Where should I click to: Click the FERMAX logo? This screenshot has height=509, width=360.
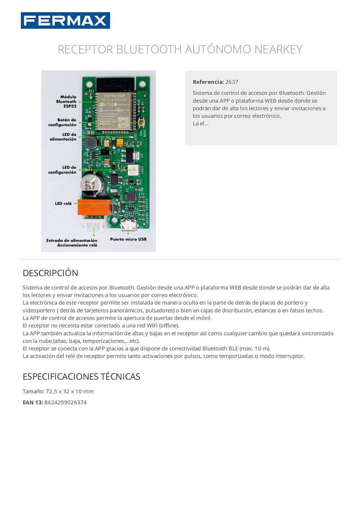[x=65, y=21]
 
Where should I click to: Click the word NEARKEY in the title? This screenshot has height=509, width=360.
[x=278, y=49]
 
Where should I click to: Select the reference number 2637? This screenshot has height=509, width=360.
[x=231, y=82]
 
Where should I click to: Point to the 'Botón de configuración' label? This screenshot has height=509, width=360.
[x=63, y=122]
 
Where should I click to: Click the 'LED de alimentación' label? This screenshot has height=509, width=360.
[x=63, y=137]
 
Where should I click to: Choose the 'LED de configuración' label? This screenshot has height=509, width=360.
[x=63, y=170]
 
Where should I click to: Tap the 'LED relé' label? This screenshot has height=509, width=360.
[x=63, y=204]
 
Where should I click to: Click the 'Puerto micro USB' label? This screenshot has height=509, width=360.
[x=128, y=239]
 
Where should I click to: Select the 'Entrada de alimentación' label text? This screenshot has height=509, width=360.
[x=72, y=240]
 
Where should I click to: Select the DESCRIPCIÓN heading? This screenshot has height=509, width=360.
[x=50, y=273]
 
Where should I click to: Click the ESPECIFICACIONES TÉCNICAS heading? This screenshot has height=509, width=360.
[x=81, y=377]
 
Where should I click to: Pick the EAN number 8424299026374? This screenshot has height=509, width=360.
[x=66, y=403]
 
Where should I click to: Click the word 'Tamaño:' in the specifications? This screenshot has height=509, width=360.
[x=33, y=391]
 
